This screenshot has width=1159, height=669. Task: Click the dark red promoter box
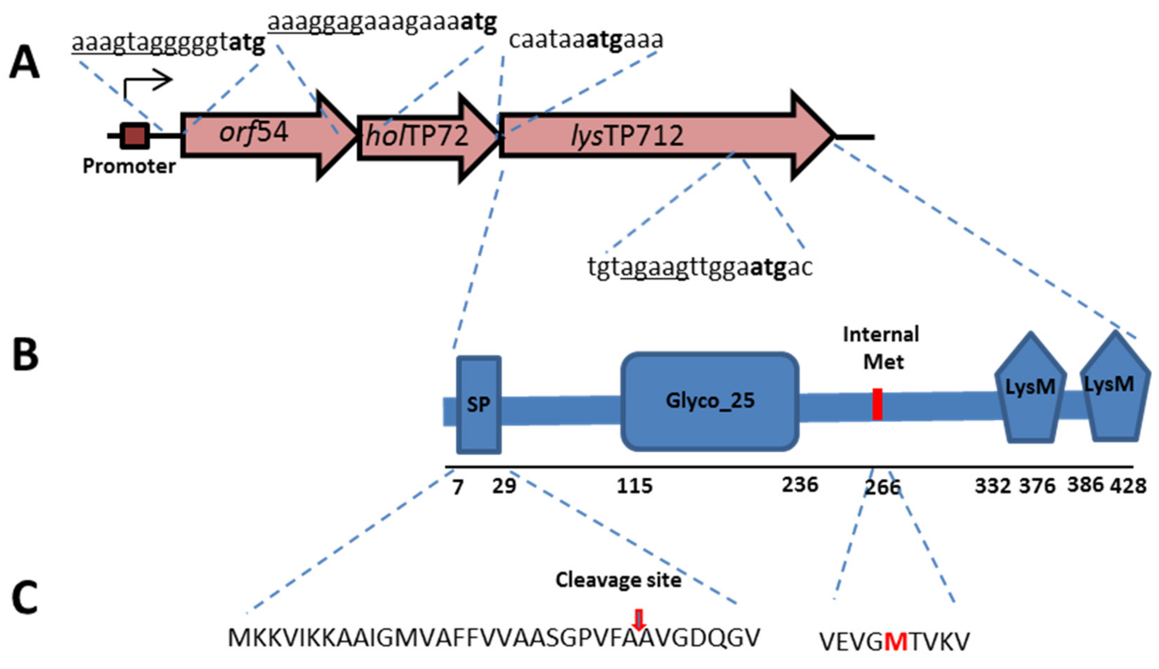coord(135,136)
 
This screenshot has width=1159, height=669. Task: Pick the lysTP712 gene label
coord(627,136)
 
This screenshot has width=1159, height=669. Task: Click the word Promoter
coord(129,166)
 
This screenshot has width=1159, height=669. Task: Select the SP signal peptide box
coord(479,405)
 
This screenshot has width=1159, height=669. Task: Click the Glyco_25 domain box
coord(710,401)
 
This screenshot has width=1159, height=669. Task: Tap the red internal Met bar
coord(878,404)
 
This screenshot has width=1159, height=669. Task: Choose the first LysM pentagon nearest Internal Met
coord(1030,388)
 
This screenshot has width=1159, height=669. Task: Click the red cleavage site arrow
coord(639,619)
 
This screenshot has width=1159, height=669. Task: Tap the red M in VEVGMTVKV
coord(896,642)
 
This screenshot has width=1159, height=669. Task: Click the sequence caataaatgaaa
coord(586,40)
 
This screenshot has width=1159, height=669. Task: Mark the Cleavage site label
coord(618,580)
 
